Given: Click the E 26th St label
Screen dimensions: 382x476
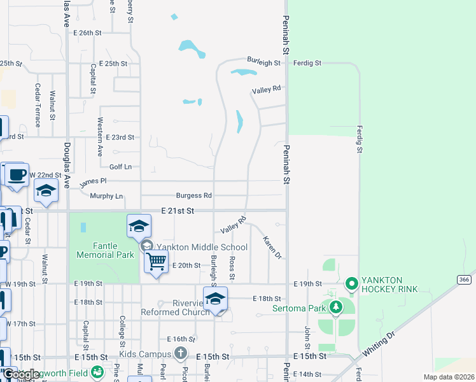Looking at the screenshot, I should click(87, 32).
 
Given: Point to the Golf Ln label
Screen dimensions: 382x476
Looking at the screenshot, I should click(120, 167).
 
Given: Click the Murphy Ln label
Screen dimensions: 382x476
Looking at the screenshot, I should click(106, 196).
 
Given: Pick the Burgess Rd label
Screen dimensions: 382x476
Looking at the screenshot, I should click(194, 195).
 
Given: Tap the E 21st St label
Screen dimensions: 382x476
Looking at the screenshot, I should click(177, 210).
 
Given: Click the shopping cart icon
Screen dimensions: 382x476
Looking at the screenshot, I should click(156, 260).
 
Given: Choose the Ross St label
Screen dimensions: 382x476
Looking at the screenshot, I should click(232, 269).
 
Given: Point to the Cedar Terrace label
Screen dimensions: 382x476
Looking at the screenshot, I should click(38, 105).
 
